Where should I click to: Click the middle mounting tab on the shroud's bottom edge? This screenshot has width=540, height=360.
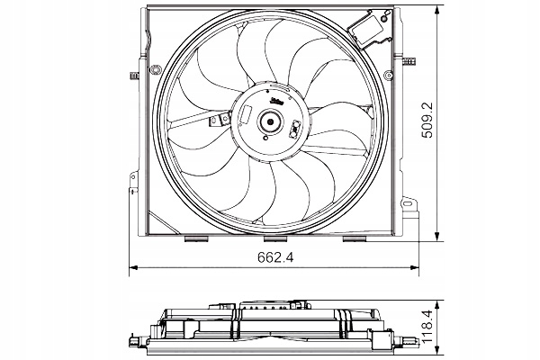click(274, 240)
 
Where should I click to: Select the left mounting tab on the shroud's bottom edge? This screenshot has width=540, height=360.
click(194, 240)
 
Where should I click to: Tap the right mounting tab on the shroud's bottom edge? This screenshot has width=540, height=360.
click(353, 240)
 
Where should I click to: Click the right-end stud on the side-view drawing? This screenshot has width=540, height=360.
click(409, 340)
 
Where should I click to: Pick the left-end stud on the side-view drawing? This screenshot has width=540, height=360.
click(135, 340)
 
